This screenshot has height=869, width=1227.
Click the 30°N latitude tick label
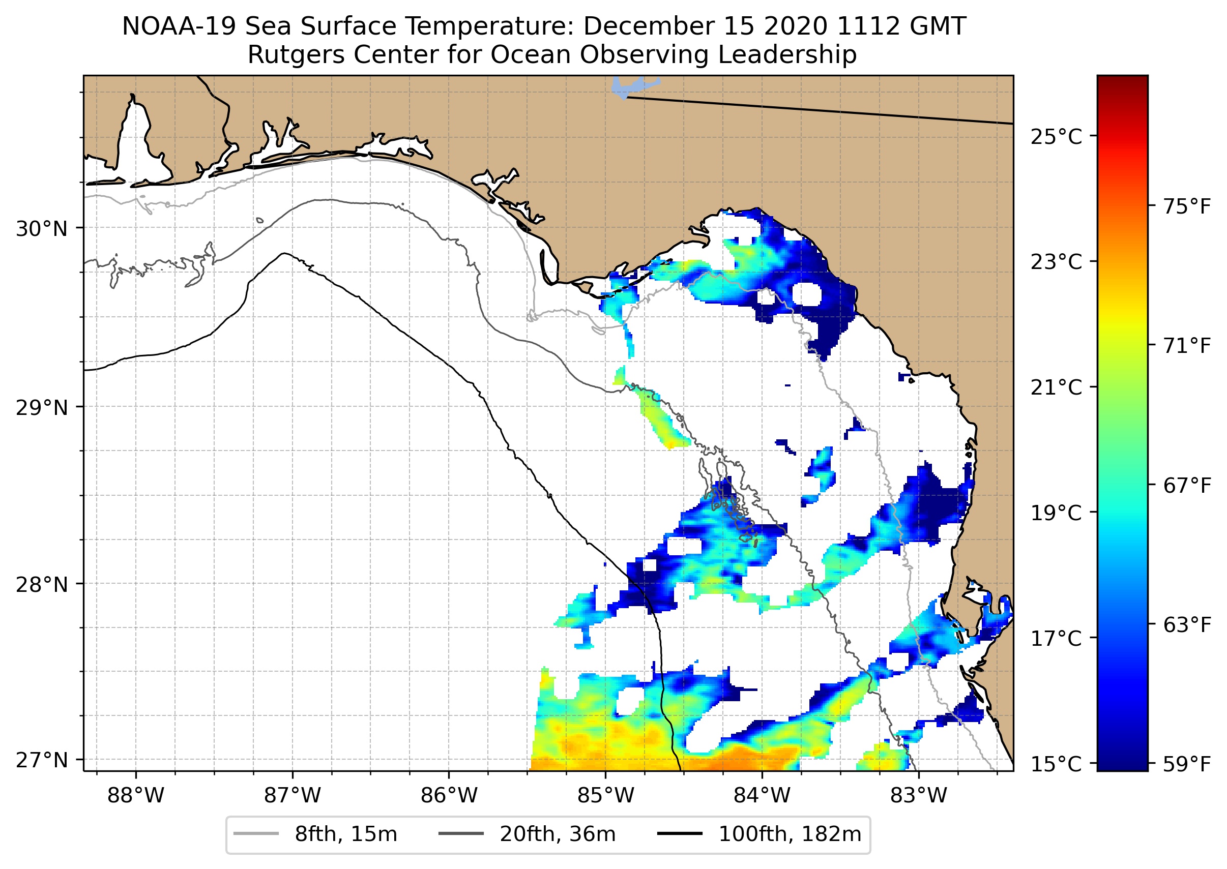(x=42, y=229)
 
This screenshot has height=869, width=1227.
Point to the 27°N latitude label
(x=42, y=760)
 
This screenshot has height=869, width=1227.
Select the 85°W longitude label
(x=605, y=796)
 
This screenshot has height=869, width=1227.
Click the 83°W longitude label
(x=919, y=796)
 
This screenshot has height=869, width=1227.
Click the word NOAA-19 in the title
(x=179, y=26)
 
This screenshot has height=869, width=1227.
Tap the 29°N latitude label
(x=42, y=408)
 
